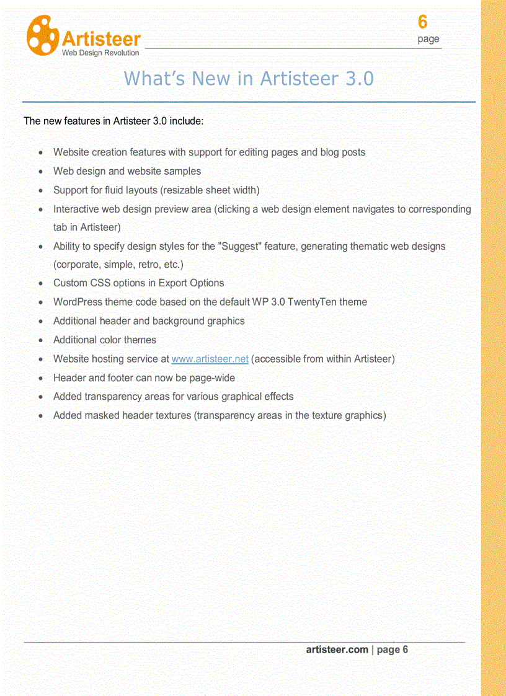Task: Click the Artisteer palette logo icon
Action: coord(42,35)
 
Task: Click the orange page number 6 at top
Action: coord(422,22)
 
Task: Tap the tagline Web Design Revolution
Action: coord(100,53)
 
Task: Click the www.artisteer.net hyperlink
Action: coord(210,359)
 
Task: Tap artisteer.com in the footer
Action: coord(337,650)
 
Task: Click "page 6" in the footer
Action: coord(392,650)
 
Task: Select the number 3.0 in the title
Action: coord(358,79)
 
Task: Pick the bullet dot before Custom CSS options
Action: coord(40,284)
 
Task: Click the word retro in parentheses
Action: coord(144,265)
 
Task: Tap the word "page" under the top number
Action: coord(428,39)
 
